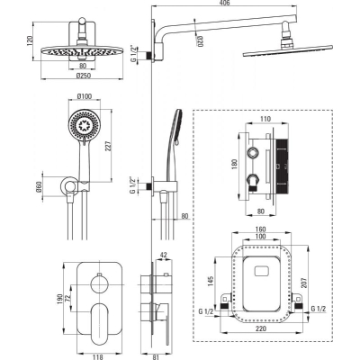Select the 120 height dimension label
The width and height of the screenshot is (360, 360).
tap(30, 40)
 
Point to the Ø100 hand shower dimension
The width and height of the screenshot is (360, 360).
tap(85, 96)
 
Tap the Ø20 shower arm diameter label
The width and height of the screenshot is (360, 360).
tap(200, 41)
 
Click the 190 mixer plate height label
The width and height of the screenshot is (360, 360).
tap(59, 299)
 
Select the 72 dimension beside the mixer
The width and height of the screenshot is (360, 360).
tap(67, 299)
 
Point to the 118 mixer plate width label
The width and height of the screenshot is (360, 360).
tap(98, 357)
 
